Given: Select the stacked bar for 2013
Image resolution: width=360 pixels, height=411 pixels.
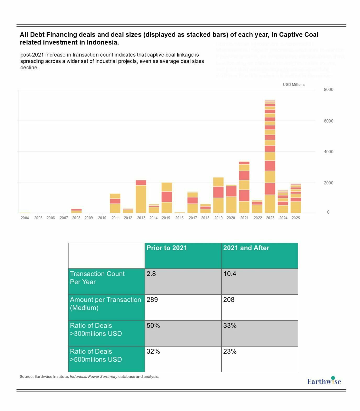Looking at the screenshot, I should (141, 196).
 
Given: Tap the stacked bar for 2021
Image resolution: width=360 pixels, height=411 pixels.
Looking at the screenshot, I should (244, 187).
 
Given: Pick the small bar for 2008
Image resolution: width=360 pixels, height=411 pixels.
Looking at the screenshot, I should (76, 211).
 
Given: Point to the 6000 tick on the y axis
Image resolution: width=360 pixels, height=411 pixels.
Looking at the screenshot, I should (328, 121).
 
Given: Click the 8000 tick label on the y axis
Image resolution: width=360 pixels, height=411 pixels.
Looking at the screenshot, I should (328, 90).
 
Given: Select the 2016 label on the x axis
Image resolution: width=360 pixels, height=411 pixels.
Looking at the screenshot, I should (179, 218).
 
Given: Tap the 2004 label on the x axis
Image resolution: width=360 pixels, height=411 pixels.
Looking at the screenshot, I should (25, 218).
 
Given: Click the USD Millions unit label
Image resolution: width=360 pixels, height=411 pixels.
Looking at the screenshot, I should (294, 85).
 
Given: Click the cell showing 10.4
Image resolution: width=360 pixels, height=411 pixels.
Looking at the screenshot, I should (260, 281).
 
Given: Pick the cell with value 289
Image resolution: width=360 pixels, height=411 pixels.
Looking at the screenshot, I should (183, 307).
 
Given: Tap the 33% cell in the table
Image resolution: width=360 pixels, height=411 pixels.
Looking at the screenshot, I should (260, 333).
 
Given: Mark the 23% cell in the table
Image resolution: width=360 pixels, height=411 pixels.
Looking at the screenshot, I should (260, 359).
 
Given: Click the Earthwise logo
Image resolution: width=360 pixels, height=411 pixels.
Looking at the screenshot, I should (324, 381).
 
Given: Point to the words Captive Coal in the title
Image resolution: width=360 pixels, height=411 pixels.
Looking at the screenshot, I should (299, 35).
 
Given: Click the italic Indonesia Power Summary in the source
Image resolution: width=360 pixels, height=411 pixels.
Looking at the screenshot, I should (93, 376).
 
